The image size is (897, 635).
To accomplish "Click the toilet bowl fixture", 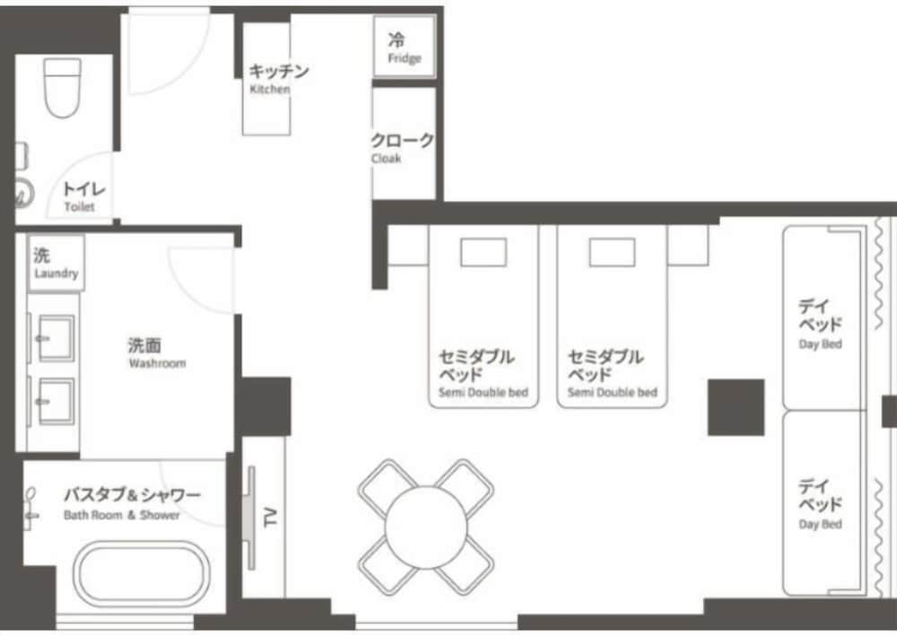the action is [x=62, y=88].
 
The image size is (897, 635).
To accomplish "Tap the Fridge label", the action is [x=404, y=57].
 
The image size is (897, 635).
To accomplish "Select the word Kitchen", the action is [x=269, y=89].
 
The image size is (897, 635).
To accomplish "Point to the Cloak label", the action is [x=386, y=158].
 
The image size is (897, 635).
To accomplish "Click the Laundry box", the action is [x=56, y=263].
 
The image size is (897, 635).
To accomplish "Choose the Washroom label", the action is [x=157, y=363].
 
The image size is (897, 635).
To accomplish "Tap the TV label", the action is [x=270, y=518].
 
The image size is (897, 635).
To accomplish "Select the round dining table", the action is [x=425, y=527].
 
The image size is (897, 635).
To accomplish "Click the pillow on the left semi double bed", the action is [x=483, y=252].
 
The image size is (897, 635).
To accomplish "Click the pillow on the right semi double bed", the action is [x=612, y=252].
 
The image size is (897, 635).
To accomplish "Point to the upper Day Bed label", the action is [x=821, y=344].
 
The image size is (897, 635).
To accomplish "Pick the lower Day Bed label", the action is [x=821, y=524].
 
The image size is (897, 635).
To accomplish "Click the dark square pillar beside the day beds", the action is [x=736, y=407].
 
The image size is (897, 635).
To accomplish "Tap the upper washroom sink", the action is [x=56, y=339].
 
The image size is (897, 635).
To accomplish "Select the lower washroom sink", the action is [x=56, y=401].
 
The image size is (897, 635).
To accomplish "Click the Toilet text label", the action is [x=79, y=206].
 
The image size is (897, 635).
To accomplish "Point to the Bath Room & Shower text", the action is [x=121, y=515].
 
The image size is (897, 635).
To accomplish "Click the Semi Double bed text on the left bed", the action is [x=483, y=393].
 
